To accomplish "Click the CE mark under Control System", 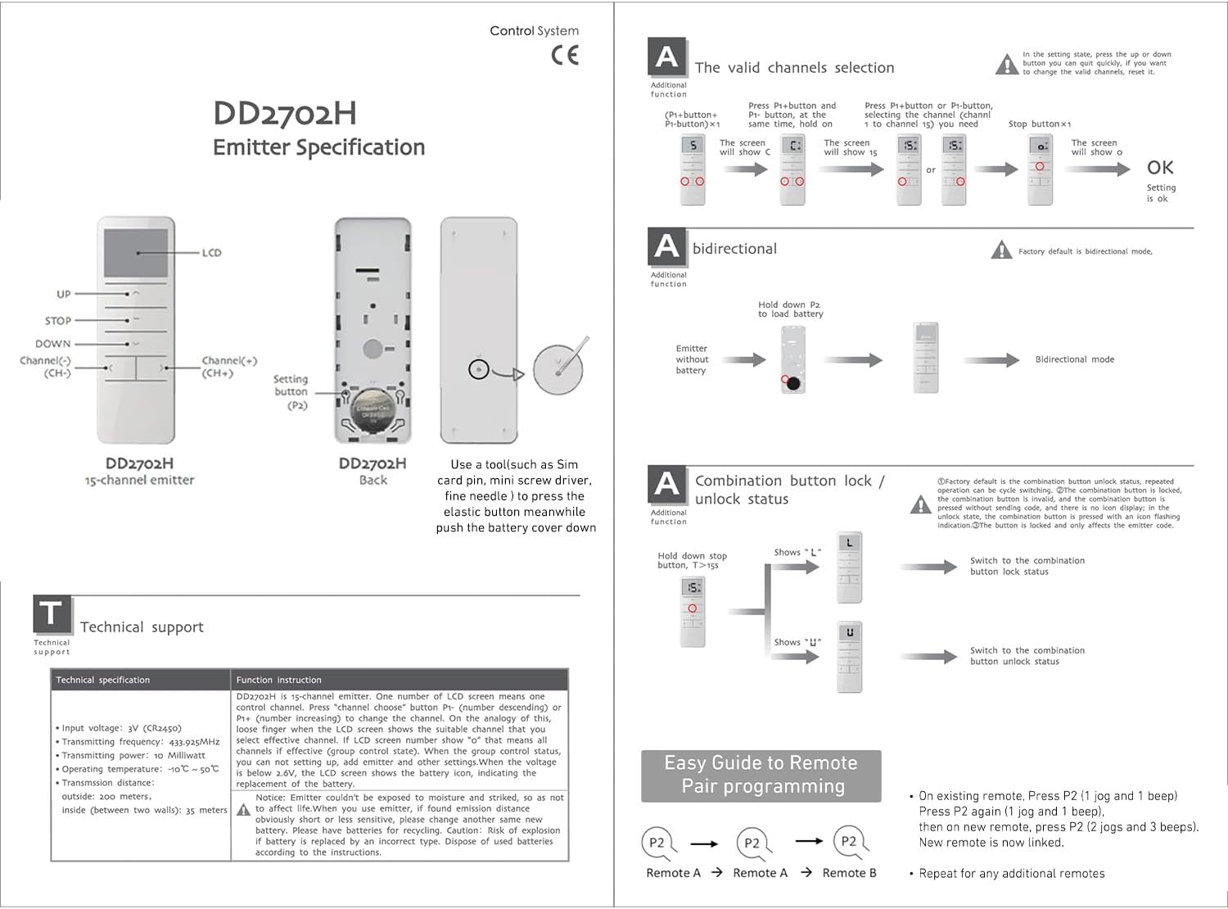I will point(564,55).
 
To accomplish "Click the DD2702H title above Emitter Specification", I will point(284,114).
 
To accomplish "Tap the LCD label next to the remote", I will point(211,252).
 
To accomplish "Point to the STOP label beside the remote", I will point(58,320).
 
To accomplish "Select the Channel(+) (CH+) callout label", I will point(229,366).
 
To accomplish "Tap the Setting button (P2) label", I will point(291,391).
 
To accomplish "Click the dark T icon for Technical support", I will point(51,613).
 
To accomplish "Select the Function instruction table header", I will point(279,680).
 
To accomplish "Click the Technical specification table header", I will point(103,680).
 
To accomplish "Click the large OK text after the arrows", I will point(1160,168).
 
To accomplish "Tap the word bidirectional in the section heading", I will point(734,249).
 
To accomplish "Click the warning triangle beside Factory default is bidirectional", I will point(1001,251).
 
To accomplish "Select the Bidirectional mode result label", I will point(1074,360).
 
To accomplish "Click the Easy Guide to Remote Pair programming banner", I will point(761,775).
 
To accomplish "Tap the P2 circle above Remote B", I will point(849,842).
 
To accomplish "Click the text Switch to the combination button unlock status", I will point(1027,656).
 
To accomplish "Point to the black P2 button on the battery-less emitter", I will point(792,382).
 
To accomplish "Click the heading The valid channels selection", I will point(794,68).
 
